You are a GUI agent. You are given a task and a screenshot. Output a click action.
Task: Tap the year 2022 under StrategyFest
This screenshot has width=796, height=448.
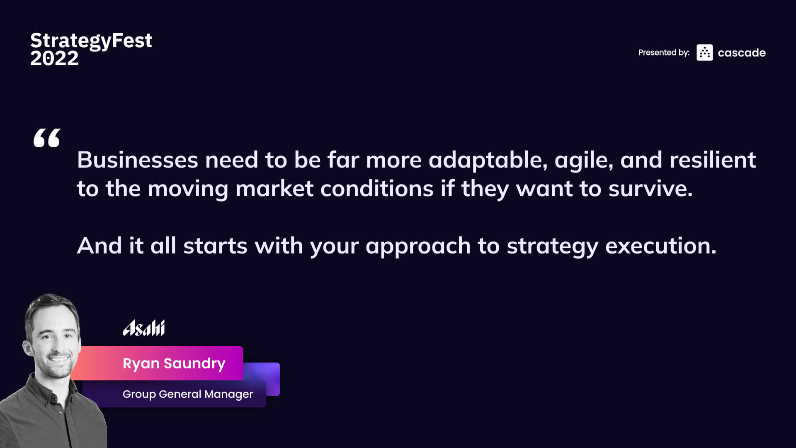point(54,58)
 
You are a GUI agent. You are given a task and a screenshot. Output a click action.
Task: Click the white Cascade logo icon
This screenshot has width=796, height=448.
point(704,53)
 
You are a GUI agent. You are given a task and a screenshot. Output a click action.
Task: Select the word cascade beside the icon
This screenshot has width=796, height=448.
point(742,53)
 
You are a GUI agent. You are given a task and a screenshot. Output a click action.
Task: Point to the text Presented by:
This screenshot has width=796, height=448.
point(664,53)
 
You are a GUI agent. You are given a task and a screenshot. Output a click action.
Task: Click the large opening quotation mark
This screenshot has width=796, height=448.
point(47,138)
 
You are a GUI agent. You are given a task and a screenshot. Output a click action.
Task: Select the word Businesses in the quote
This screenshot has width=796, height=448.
point(138,160)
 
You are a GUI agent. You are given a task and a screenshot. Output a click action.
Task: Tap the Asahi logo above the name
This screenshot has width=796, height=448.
point(144,328)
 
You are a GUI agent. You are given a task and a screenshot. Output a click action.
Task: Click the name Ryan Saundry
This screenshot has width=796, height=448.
point(174,364)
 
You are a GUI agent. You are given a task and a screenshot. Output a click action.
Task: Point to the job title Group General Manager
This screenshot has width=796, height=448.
point(188,394)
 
